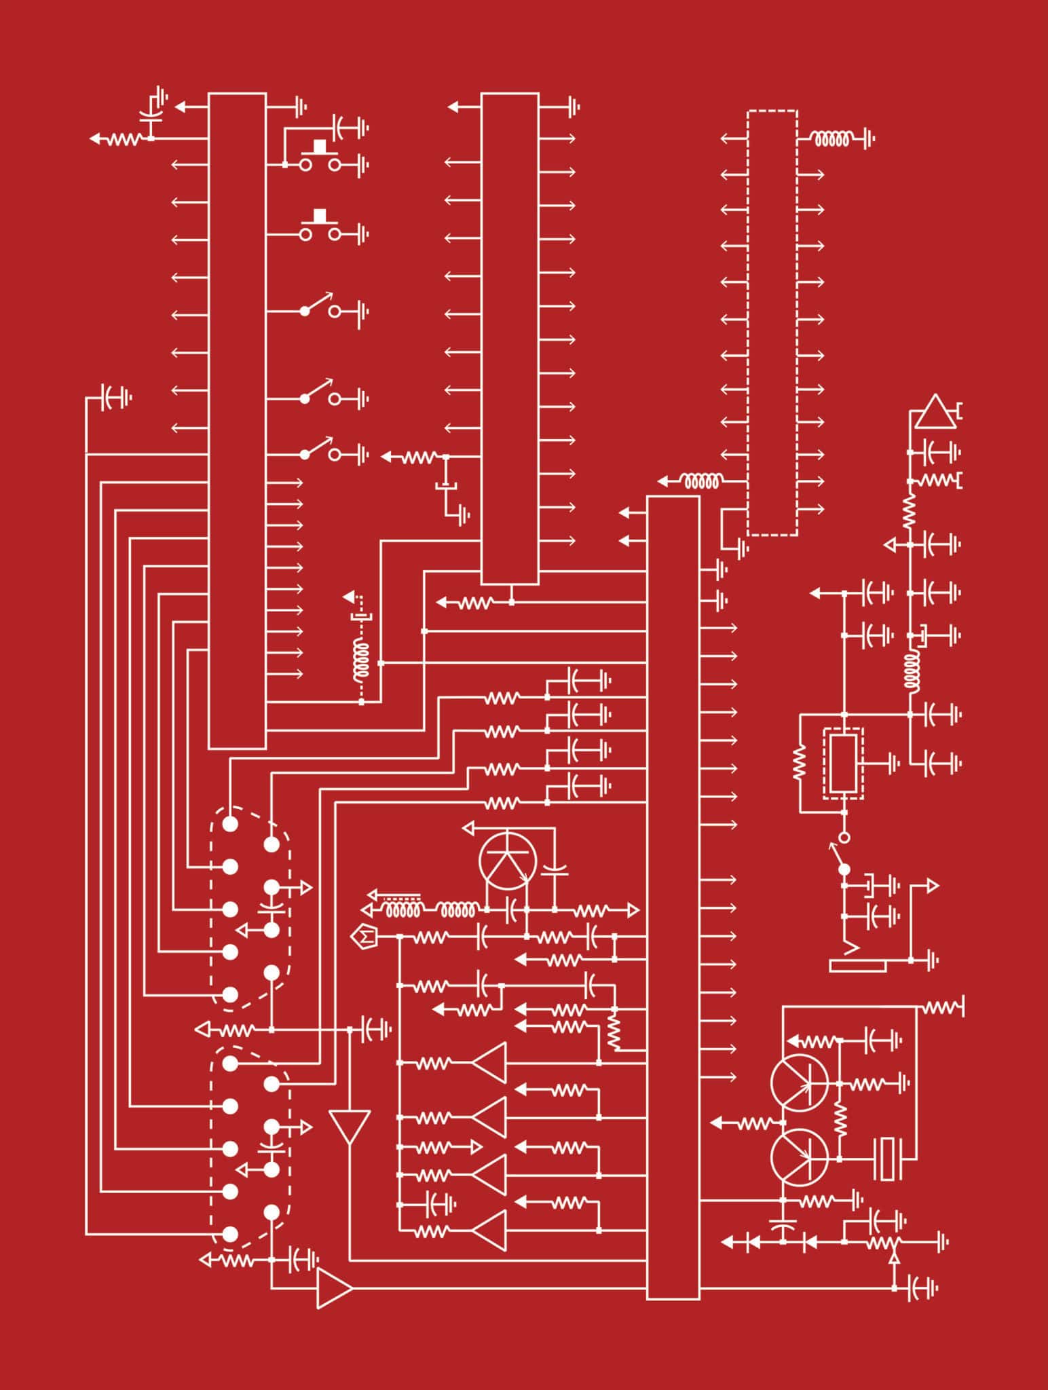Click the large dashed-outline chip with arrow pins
(x=772, y=322)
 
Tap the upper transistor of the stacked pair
(x=799, y=1084)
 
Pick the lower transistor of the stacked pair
(x=799, y=1158)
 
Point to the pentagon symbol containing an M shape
(x=364, y=937)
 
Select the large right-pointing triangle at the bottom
(x=334, y=1288)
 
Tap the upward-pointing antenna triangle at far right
(x=935, y=413)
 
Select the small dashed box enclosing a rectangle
(x=843, y=764)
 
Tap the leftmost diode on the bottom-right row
(x=752, y=1243)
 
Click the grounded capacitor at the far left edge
(x=113, y=397)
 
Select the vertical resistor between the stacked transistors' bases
(x=840, y=1121)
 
